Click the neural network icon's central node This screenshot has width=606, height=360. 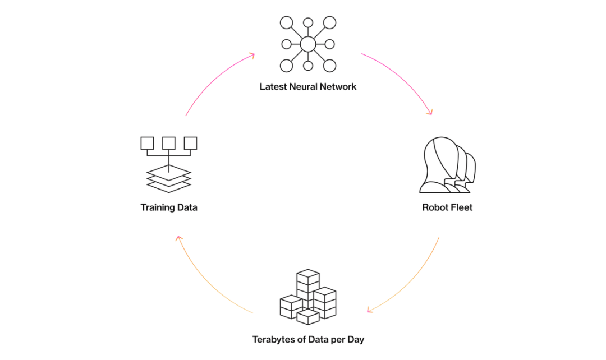pyautogui.click(x=307, y=44)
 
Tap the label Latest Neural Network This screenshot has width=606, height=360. pyautogui.click(x=307, y=87)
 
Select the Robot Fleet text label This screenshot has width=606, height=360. pyautogui.click(x=447, y=207)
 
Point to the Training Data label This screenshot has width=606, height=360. pyautogui.click(x=169, y=207)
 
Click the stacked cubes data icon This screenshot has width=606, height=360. pyautogui.click(x=307, y=297)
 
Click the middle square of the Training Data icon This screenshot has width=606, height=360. pyautogui.click(x=169, y=143)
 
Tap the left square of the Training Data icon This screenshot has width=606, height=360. pyautogui.click(x=147, y=143)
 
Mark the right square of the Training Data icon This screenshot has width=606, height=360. pyautogui.click(x=191, y=143)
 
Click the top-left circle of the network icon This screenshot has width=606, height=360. pyautogui.click(x=286, y=23)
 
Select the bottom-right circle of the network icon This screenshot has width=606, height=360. pyautogui.click(x=329, y=65)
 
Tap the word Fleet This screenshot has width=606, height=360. pyautogui.click(x=461, y=207)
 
